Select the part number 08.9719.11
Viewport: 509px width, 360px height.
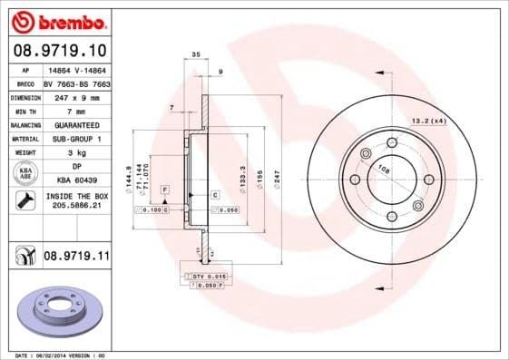click(75, 258)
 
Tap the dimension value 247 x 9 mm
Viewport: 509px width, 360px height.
click(75, 96)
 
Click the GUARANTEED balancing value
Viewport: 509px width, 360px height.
click(75, 124)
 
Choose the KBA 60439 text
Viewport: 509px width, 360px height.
click(75, 180)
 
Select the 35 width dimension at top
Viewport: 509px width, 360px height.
click(196, 55)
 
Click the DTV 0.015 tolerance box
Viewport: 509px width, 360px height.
click(210, 275)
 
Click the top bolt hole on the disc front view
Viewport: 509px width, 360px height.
click(392, 142)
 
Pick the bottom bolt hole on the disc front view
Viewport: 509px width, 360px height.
click(392, 216)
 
